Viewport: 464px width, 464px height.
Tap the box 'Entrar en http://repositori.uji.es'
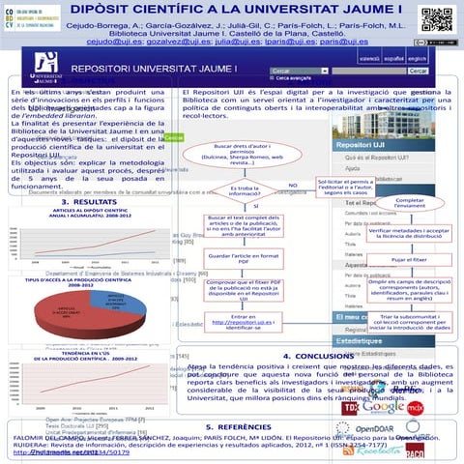[255, 324]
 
